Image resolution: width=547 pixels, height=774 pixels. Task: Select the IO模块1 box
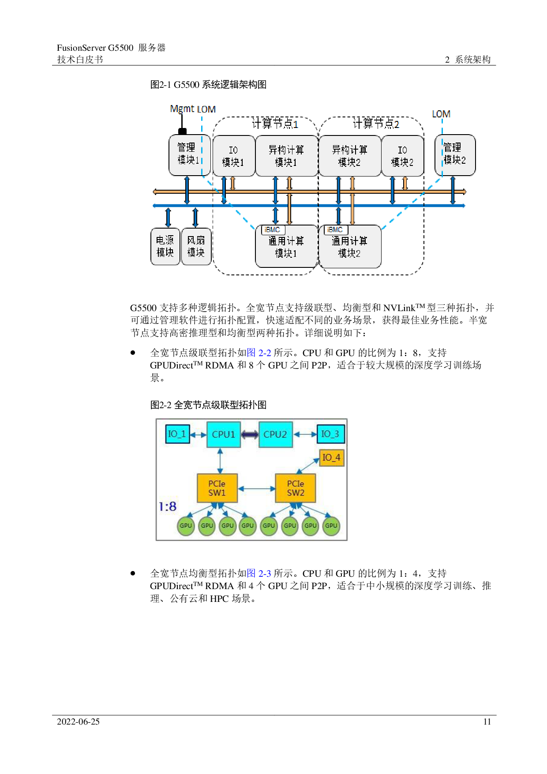233,156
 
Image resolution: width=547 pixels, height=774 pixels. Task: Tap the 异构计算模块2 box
349,156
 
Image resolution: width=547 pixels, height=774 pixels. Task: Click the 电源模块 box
165,246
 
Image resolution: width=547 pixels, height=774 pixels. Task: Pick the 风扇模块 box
196,246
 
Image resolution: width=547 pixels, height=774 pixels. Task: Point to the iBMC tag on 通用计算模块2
335,230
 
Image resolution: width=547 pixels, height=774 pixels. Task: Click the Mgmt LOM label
193,109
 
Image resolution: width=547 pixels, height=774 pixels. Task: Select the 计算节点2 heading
376,124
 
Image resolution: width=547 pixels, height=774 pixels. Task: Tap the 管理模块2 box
455,154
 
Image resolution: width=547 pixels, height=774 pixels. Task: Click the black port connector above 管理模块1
182,131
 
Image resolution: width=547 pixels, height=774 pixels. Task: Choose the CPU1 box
224,434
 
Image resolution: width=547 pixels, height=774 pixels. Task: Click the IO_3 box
330,434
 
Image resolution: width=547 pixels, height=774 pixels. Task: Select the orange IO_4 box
331,458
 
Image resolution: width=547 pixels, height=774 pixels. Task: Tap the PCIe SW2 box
295,488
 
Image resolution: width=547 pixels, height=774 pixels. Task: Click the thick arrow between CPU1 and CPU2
250,435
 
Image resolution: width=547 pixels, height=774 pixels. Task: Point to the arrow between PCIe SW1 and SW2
256,488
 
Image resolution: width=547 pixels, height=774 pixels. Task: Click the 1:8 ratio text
168,507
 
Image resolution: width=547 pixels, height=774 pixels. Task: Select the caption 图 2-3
259,573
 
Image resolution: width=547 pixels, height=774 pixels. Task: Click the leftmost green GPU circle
186,526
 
